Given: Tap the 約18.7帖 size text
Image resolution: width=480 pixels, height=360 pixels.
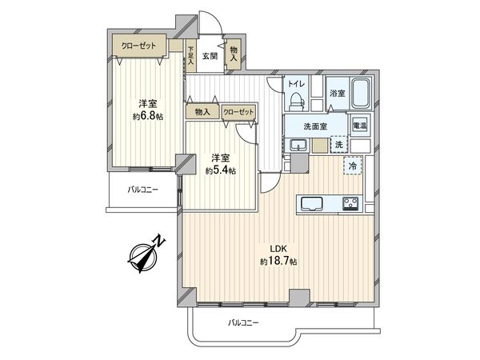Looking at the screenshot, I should (278, 262).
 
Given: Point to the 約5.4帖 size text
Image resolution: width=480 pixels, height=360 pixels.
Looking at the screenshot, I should (220, 170).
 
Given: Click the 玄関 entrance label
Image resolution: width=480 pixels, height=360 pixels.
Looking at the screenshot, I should (210, 56).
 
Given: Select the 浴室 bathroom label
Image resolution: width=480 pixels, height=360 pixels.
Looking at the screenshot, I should (337, 94).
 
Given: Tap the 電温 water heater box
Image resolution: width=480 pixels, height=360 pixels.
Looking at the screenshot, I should (360, 126).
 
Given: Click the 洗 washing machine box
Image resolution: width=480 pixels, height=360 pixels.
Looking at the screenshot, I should (339, 145).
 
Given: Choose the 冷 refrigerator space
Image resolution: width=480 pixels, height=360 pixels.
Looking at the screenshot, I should (352, 166).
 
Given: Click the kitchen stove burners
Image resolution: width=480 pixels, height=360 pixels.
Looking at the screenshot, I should (351, 202).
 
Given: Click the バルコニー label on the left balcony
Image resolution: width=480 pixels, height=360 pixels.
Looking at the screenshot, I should (144, 190).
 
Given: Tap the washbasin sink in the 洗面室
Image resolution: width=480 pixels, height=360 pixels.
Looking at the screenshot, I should (298, 145).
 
